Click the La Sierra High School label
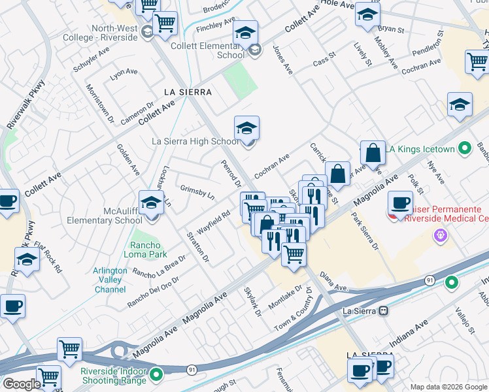click(x=195, y=141)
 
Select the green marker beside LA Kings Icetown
click(x=465, y=149)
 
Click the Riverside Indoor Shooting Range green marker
click(x=156, y=374)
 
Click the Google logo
click(x=22, y=384)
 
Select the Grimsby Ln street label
click(x=197, y=191)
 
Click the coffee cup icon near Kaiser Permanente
click(x=400, y=203)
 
